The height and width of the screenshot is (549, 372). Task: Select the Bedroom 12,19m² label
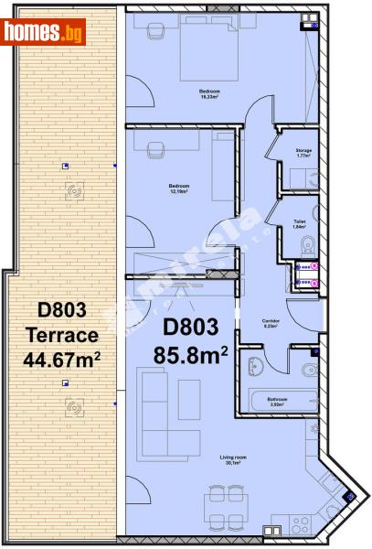[x=180, y=189]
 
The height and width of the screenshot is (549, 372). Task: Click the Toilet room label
[x=300, y=224]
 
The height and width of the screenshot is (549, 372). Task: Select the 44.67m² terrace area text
[x=62, y=360]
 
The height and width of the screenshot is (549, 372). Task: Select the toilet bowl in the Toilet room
[x=309, y=242]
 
